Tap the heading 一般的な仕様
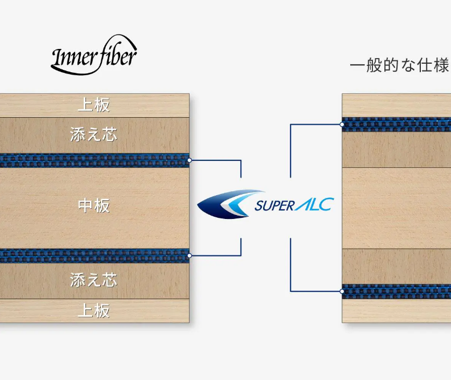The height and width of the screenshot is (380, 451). click(400, 65)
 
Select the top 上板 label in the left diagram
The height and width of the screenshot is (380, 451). click(94, 105)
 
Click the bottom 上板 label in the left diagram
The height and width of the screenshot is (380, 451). click(94, 311)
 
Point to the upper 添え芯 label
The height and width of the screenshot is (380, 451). click(94, 135)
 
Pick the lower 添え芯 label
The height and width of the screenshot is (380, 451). click(94, 280)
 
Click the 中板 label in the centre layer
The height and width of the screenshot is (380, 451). click(94, 206)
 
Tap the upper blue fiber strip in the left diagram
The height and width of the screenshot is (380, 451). click(95, 160)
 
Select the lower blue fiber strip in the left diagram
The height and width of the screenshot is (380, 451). click(95, 256)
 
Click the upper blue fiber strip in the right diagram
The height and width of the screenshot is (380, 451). click(396, 125)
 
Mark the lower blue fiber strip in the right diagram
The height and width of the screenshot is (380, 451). click(396, 291)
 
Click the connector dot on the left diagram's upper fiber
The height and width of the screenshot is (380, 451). click(189, 160)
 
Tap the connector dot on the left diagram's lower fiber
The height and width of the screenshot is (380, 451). click(189, 255)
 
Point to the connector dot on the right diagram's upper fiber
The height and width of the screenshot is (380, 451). click(342, 125)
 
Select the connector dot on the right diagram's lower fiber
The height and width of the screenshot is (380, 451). click(342, 291)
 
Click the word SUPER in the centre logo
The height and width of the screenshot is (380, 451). click(274, 206)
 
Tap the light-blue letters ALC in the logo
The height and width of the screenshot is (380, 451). click(314, 204)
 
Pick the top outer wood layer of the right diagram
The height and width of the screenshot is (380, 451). click(396, 105)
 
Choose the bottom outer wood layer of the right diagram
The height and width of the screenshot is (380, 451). click(396, 311)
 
